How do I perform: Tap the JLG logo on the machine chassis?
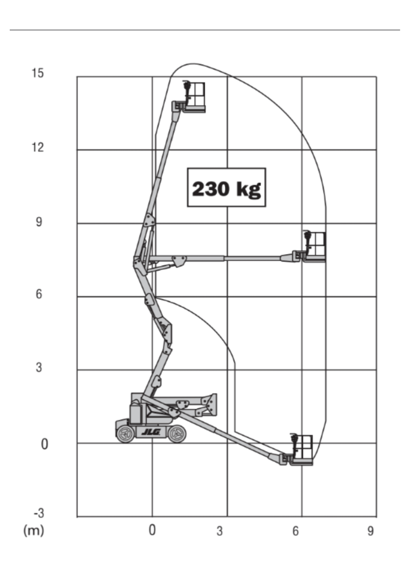tap(151, 432)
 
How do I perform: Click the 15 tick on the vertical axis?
tap(38, 73)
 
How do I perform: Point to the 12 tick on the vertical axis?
tap(38, 147)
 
